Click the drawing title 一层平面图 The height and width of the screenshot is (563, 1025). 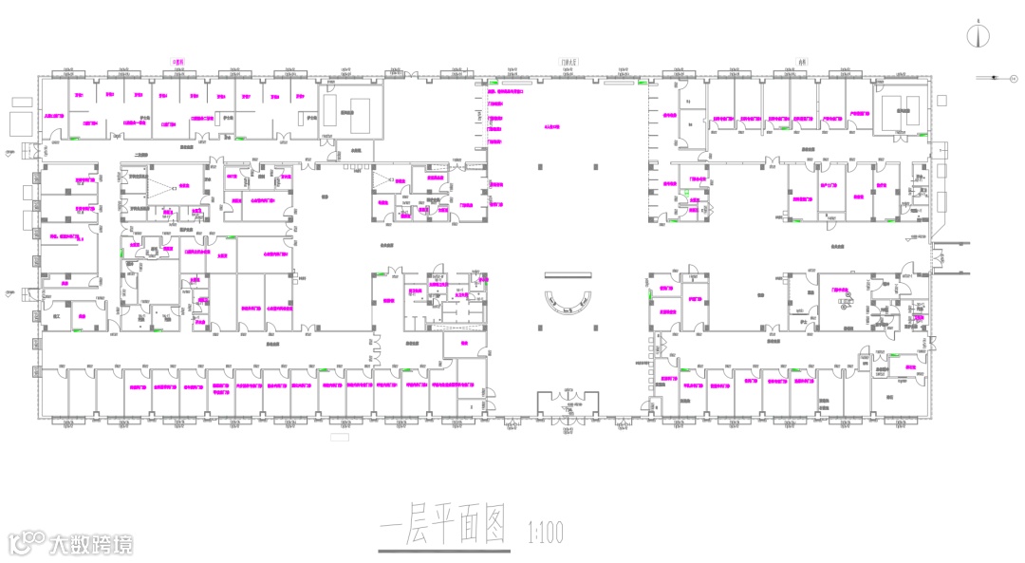click(444, 526)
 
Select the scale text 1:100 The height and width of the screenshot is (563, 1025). click(544, 534)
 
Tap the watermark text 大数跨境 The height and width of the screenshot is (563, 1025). click(91, 544)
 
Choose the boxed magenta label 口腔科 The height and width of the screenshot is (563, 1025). click(177, 61)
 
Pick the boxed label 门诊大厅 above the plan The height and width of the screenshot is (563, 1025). click(569, 61)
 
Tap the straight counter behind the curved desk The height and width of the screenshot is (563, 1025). click(569, 274)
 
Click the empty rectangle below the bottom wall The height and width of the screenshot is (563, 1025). click(339, 438)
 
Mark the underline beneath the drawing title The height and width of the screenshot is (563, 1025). click(444, 551)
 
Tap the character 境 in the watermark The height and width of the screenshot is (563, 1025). click(122, 544)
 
